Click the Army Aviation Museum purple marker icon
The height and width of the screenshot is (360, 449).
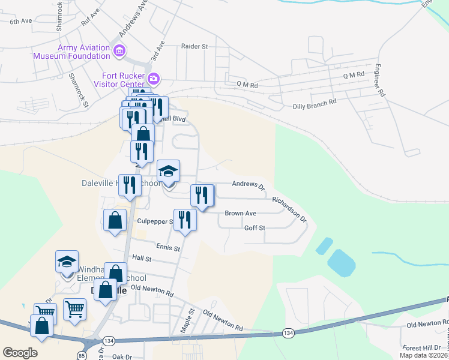click(119, 50)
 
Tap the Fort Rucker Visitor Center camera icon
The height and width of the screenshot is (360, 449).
click(154, 79)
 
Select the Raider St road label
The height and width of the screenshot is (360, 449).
click(194, 46)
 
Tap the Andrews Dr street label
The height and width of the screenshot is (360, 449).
click(248, 185)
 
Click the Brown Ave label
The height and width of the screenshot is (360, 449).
click(240, 213)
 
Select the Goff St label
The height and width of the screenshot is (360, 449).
click(255, 228)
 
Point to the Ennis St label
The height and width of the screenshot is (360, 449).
click(167, 247)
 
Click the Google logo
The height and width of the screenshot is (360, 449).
click(19, 353)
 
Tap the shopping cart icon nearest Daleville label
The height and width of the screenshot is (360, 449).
click(75, 310)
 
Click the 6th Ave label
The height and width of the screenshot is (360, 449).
click(20, 21)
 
